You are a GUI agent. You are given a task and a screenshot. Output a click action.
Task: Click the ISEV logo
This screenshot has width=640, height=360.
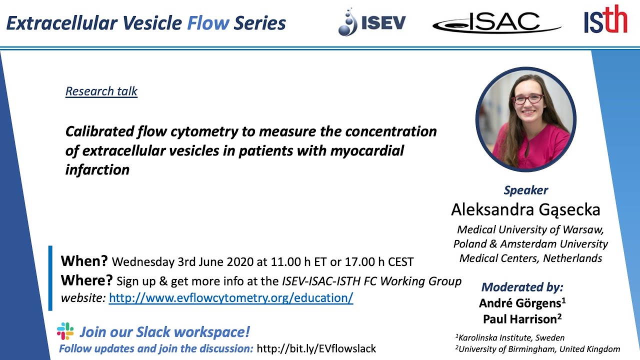(x=371, y=22)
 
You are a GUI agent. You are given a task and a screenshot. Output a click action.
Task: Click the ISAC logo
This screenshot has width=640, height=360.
(x=496, y=22)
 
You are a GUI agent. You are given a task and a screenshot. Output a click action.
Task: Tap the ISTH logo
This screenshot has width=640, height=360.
(x=605, y=20)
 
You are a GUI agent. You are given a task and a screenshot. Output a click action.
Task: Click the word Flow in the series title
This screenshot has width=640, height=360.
(x=208, y=23)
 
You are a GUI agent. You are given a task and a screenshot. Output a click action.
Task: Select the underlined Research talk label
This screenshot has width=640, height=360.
(x=101, y=91)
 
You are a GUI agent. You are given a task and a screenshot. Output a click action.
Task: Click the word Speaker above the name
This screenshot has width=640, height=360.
(x=525, y=190)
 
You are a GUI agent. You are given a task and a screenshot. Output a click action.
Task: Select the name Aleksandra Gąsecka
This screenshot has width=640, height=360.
(x=525, y=209)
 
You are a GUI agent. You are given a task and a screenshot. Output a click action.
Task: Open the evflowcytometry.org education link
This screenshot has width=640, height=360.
(x=231, y=298)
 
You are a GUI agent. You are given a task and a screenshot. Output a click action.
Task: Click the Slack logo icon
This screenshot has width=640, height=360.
(x=65, y=331)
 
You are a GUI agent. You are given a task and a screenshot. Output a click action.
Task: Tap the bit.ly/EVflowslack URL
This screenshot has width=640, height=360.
(x=315, y=348)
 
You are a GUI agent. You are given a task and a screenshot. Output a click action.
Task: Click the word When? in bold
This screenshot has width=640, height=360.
(x=84, y=261)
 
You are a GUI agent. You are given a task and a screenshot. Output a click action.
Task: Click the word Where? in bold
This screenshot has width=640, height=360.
(x=86, y=280)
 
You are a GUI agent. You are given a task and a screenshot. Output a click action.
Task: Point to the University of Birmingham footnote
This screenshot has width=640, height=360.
(x=537, y=349)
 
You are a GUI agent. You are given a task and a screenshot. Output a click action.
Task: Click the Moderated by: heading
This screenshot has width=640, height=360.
(x=522, y=287)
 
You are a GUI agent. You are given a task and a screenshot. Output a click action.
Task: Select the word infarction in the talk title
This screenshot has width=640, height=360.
(x=97, y=170)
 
